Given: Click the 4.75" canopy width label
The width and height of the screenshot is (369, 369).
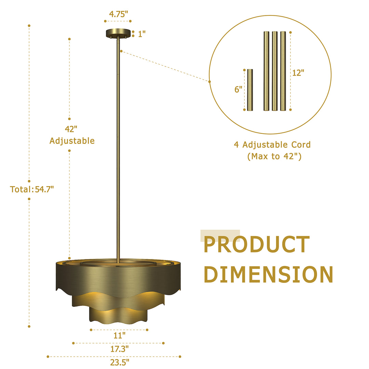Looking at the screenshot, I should tap(118, 14).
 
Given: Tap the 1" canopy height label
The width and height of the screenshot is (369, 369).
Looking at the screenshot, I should tap(142, 34).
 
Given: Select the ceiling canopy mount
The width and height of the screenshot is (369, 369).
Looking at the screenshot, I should tap(118, 33).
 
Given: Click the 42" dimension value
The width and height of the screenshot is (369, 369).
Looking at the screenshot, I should tap(71, 129).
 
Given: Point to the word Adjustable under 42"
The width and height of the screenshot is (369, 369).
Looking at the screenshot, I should tap(72, 141).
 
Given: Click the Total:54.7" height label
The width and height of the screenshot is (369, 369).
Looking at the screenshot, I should tap(32, 189).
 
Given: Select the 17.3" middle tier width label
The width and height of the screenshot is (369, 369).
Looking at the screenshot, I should tap(119, 349).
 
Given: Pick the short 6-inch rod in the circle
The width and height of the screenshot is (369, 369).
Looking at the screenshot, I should tap(250, 90).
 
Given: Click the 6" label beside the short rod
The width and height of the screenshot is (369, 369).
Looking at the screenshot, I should tap(238, 90).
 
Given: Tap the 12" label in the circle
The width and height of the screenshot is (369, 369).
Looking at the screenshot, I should tap(298, 72).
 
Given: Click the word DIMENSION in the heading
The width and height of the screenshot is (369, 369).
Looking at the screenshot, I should tap(268, 274).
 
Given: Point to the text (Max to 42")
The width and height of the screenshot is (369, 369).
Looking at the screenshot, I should tap(274, 157).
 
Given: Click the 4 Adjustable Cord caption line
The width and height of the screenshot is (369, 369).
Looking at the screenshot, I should tap(272, 145).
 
